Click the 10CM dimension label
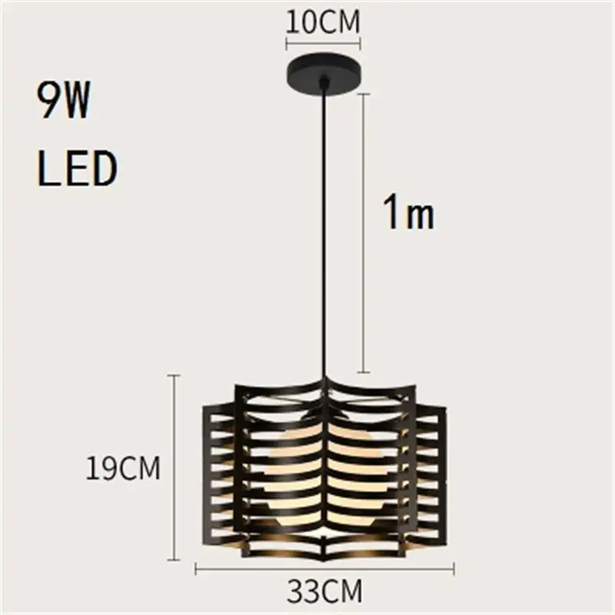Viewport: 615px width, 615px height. coord(323,22)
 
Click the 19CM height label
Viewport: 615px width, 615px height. coord(123,468)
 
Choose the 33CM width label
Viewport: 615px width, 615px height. coord(324,593)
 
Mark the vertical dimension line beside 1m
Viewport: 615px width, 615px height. coord(364,231)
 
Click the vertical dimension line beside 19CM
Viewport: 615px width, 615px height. coord(174,468)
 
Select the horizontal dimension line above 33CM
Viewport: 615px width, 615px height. coord(324,570)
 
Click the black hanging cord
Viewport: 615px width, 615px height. coord(325,231)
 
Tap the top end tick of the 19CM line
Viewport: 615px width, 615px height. coord(174,375)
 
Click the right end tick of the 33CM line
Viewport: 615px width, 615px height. coord(454,570)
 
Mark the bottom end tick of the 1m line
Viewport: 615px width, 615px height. coord(364,371)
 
